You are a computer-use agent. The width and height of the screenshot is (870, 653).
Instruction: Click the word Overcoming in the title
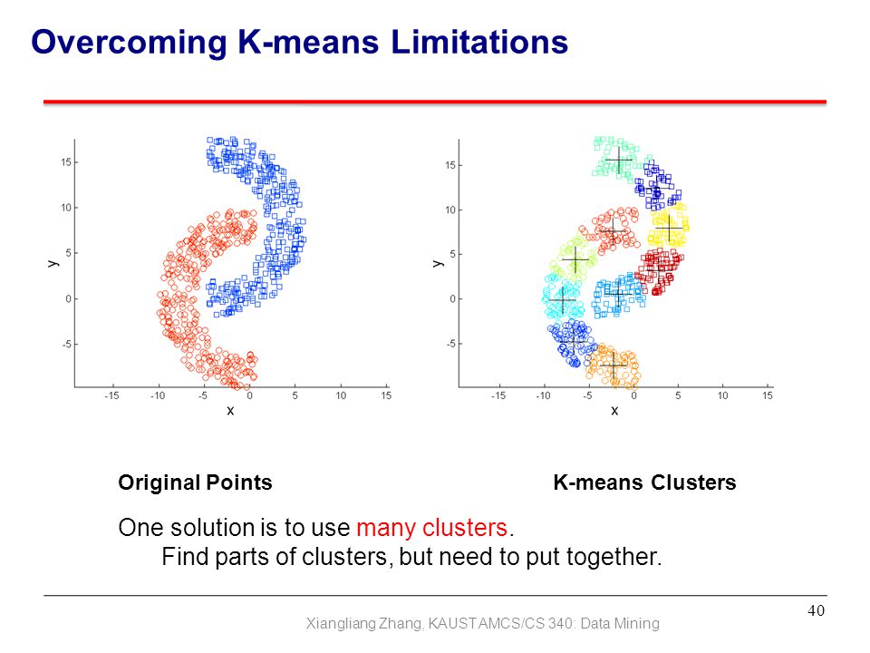click(x=130, y=43)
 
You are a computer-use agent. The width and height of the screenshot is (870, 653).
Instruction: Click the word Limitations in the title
click(x=479, y=42)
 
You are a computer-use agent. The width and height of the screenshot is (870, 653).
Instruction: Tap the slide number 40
click(x=816, y=610)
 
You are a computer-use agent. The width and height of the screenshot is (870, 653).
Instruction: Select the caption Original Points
click(x=196, y=482)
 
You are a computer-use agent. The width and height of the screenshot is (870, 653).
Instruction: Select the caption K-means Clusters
click(x=644, y=482)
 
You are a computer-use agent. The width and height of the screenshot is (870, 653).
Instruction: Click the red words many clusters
click(x=431, y=528)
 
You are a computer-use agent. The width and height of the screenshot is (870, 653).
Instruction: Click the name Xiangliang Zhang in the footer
click(x=364, y=624)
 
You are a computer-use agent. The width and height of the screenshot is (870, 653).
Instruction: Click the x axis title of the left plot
click(x=230, y=410)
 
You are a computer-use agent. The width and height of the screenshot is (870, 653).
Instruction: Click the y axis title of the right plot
click(x=438, y=263)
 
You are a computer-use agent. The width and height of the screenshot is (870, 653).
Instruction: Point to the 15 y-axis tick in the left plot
click(x=66, y=162)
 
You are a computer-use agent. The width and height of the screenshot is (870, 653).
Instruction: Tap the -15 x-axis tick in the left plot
click(x=111, y=395)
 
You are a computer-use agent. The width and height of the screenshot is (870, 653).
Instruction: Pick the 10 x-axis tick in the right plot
click(x=722, y=395)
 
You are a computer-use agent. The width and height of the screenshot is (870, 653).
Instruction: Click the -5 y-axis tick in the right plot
click(x=450, y=344)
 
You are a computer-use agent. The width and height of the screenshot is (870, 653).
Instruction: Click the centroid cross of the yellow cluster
click(x=669, y=228)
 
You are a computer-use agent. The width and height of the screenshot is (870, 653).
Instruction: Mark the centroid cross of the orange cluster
click(x=614, y=365)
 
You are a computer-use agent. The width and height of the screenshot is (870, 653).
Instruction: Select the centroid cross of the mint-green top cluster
click(x=619, y=161)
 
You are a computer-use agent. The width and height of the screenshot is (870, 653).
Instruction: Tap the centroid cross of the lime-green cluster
click(x=575, y=259)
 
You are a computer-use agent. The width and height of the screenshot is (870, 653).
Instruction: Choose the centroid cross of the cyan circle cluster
click(x=563, y=300)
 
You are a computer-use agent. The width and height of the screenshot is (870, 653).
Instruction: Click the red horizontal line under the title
click(x=435, y=102)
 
